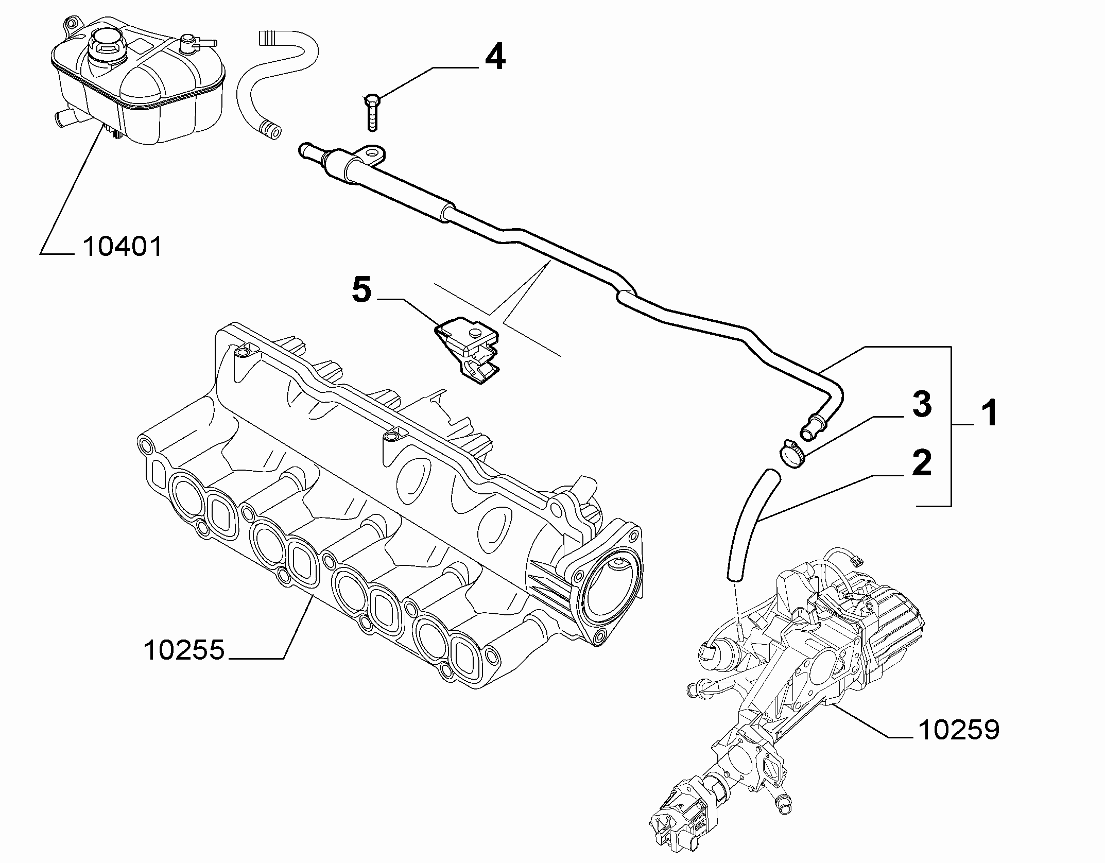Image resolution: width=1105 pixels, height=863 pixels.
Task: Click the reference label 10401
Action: click(122, 247)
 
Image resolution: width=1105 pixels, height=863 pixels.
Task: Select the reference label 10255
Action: click(184, 650)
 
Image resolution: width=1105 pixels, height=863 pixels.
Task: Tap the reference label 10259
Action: click(959, 730)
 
